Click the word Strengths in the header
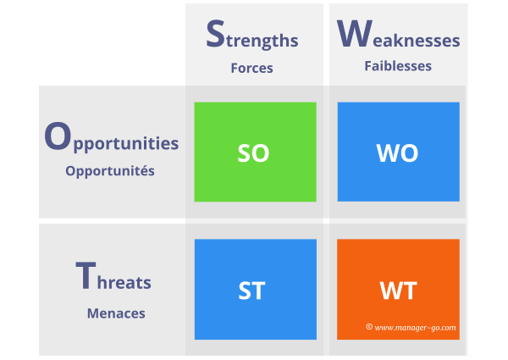point(252,36)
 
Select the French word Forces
point(251,68)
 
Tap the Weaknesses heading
point(398,36)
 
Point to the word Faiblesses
point(398,65)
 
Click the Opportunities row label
point(111,140)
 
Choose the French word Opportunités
point(110,170)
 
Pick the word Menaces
point(116,313)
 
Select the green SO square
point(255,152)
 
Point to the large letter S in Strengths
point(216,34)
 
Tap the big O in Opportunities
point(57,137)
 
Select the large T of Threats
point(85,276)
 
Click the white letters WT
point(398,291)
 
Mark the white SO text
point(253,153)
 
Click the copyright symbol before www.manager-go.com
point(369,326)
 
